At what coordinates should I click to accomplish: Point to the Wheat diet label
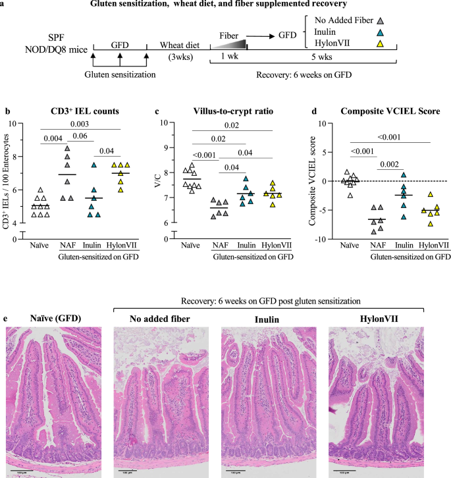click(x=181, y=44)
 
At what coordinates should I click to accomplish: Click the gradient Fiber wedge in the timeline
click(x=234, y=45)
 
